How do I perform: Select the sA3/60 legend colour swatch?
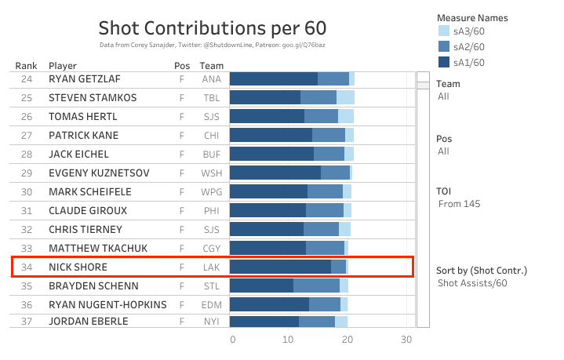click(443, 31)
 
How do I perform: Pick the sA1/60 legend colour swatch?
click(443, 63)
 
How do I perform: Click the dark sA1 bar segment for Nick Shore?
click(280, 267)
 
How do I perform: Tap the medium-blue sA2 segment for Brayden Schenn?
click(316, 286)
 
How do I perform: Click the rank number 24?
click(27, 79)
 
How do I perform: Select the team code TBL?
click(211, 98)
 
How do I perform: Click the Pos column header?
click(181, 66)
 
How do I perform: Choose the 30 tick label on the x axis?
click(406, 340)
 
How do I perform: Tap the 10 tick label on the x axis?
click(289, 340)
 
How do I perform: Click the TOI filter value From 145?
click(459, 204)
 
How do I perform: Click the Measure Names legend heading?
click(471, 17)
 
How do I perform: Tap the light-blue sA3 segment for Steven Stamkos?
click(345, 98)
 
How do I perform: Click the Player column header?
click(63, 66)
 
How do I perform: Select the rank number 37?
click(27, 321)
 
